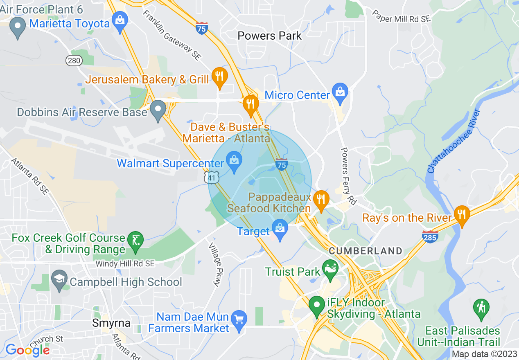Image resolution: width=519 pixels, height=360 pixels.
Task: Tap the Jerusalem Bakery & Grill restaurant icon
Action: (220, 76)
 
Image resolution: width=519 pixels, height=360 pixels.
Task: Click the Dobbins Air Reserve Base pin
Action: (158, 109)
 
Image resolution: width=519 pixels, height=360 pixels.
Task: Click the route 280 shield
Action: (74, 61)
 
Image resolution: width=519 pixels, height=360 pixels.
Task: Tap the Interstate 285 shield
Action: (430, 236)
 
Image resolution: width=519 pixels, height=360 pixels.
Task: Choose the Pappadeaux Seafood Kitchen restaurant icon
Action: (321, 199)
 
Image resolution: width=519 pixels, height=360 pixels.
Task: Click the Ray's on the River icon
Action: (462, 214)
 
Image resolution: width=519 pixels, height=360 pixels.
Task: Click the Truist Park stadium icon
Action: (330, 268)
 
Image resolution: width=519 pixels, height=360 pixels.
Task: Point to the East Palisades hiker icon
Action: (481, 308)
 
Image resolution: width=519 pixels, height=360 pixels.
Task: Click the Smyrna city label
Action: (111, 323)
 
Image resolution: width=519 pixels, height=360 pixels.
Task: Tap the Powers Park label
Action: (270, 36)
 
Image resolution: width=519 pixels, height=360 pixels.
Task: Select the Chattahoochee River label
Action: (454, 141)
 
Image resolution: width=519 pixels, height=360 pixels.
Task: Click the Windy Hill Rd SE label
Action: (125, 264)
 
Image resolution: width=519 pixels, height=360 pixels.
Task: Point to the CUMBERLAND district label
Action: (366, 251)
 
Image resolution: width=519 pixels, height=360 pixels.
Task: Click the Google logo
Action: (27, 350)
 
